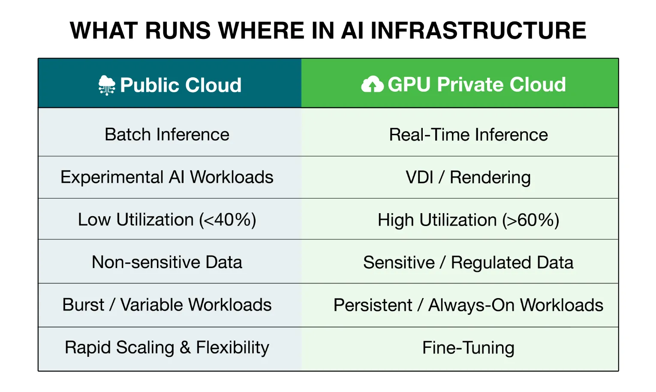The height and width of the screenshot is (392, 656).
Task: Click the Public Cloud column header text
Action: pyautogui.click(x=181, y=85)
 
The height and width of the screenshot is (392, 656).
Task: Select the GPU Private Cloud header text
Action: pyautogui.click(x=477, y=84)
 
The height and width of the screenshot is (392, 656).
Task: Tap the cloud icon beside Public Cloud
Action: pyautogui.click(x=107, y=85)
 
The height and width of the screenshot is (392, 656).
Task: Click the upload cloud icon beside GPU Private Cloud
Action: pyautogui.click(x=372, y=84)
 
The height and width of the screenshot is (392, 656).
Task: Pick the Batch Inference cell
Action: pyautogui.click(x=167, y=135)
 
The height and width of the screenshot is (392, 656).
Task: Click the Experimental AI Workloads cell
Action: pyautogui.click(x=167, y=177)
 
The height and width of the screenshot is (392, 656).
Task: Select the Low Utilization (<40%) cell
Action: pyautogui.click(x=167, y=220)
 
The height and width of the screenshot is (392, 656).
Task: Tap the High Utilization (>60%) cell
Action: pyautogui.click(x=468, y=220)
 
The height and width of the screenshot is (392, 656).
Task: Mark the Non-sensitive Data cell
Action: pyautogui.click(x=167, y=262)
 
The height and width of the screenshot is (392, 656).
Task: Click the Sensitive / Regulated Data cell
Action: pyautogui.click(x=468, y=262)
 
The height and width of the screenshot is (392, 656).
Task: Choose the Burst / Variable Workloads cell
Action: pyautogui.click(x=167, y=305)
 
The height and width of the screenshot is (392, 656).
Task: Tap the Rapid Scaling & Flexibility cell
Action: pyautogui.click(x=167, y=347)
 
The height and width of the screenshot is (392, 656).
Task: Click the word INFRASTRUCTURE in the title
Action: pyautogui.click(x=478, y=30)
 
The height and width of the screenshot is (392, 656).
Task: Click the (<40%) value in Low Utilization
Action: pyautogui.click(x=227, y=220)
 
